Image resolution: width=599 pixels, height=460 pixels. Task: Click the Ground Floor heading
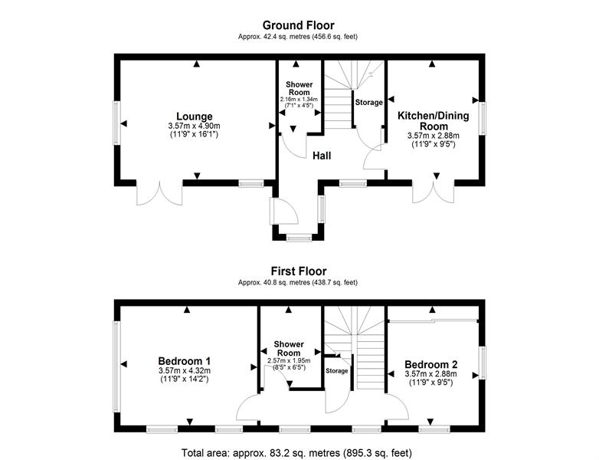299,25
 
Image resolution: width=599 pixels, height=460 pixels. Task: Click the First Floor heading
299,271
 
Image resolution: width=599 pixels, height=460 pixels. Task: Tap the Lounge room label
195,117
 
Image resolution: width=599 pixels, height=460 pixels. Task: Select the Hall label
322,156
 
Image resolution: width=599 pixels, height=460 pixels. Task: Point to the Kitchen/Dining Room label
434,121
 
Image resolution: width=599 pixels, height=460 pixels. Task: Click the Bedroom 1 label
185,361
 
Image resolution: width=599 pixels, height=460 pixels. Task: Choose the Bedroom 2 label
431,364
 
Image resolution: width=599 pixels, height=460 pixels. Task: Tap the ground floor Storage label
368,103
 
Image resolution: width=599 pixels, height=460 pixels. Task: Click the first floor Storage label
337,371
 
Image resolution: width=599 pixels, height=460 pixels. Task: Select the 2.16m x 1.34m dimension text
299,100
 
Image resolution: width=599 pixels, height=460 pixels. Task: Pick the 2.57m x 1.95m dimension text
289,360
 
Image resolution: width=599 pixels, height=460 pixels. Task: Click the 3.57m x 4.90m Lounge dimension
194,126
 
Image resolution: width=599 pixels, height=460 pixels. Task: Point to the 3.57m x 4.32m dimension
185,370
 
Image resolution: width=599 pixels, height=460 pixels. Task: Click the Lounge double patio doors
159,192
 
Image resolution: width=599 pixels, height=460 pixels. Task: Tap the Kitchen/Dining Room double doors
434,191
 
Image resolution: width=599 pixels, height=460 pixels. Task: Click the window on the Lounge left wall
117,123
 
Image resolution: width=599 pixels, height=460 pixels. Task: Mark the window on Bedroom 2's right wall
483,363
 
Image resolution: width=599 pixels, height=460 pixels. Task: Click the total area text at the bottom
297,453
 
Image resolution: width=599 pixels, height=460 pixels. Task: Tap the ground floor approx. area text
298,37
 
